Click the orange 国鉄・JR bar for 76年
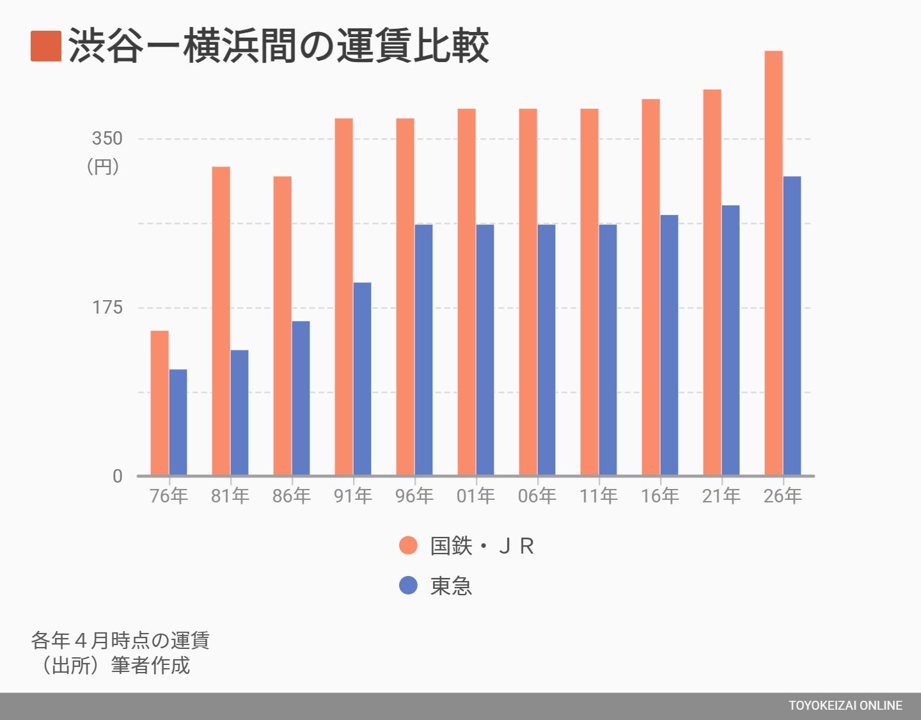point(160,403)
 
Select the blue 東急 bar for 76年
point(178,422)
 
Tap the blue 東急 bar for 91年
point(363,379)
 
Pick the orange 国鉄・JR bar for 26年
point(773,263)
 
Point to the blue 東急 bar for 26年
point(792,326)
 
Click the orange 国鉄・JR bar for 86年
point(282,326)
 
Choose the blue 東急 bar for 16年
point(669,345)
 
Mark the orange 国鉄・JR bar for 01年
point(467,292)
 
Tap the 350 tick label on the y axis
point(107,139)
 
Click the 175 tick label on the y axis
point(107,307)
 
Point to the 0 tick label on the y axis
point(118,476)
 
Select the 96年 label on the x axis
point(414,496)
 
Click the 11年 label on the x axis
point(599,496)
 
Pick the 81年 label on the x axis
point(230,496)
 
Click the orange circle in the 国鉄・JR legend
point(408,545)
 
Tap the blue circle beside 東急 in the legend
point(408,585)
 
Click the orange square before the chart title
point(46,46)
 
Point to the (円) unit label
point(103,166)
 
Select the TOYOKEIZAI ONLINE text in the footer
point(846,705)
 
